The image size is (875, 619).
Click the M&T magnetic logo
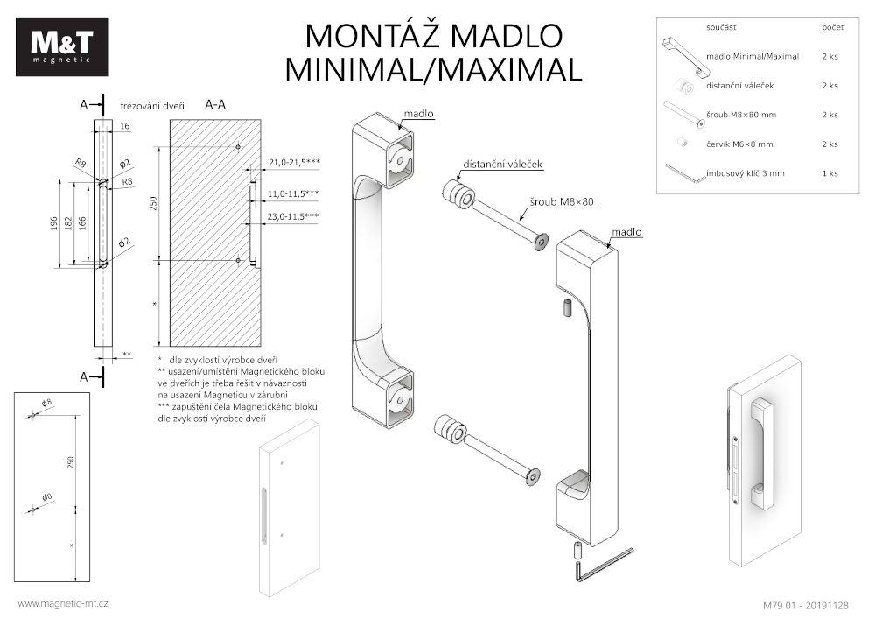(x=61, y=46)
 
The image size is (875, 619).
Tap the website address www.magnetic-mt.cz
(x=63, y=603)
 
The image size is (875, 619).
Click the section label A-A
(x=215, y=104)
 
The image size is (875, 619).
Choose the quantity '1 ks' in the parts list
(x=829, y=173)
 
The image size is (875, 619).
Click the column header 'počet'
(x=833, y=28)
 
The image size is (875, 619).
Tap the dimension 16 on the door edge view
(x=124, y=127)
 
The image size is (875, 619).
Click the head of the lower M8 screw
(x=531, y=477)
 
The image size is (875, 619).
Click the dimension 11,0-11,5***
(x=293, y=193)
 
